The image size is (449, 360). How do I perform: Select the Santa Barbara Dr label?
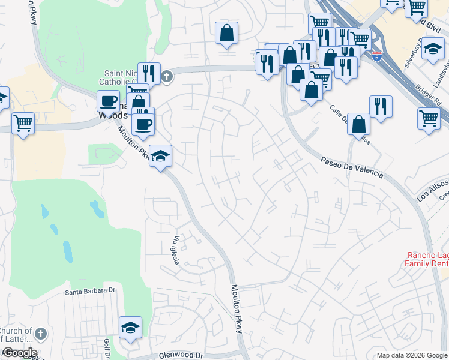pos(89,291)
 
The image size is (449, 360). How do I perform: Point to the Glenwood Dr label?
pos(182,355)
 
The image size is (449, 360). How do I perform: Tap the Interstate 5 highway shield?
pos(376,58)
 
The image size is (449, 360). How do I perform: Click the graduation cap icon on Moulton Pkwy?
pos(160,156)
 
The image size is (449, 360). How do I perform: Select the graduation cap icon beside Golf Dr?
pos(130,328)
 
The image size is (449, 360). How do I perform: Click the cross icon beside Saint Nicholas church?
pos(167,76)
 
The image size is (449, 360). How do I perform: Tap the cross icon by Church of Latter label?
pos(40,333)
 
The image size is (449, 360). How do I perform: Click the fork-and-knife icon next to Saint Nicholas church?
pos(149,73)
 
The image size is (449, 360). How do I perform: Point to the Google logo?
pos(19,353)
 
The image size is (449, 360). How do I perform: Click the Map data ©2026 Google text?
pos(412,355)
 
